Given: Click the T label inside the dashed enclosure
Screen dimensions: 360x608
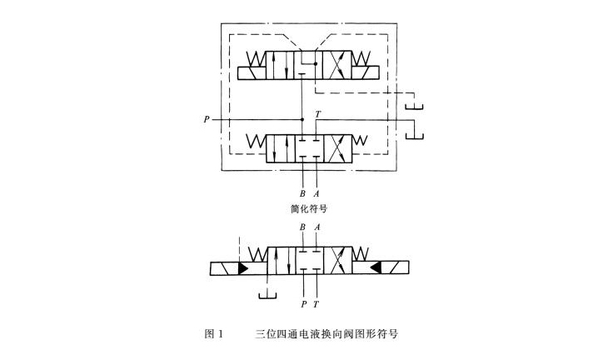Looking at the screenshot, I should pos(317,112).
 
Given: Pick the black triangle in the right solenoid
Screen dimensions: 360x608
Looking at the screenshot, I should pos(376,268).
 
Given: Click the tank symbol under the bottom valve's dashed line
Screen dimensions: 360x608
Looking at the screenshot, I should pos(267,294).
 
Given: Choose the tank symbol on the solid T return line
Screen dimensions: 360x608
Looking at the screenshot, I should pos(414,135).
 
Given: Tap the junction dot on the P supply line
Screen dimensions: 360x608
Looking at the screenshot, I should pos(302,120).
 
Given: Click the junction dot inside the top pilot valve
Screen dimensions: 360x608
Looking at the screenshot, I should pos(315,64).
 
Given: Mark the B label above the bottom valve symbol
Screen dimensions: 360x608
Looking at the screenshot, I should pos(302,226).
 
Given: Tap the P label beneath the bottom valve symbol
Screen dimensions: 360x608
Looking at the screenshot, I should pos(303,306).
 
